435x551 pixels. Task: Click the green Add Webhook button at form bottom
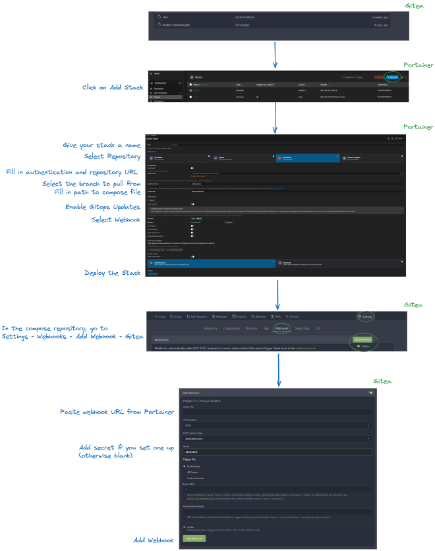click(194, 538)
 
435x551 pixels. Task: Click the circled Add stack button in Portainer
click(393, 77)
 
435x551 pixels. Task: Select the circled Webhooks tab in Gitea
click(281, 328)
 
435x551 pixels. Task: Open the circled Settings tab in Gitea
click(366, 316)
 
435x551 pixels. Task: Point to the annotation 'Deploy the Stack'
click(112, 272)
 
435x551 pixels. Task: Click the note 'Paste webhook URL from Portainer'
click(117, 412)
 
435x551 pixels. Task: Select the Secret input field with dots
click(277, 451)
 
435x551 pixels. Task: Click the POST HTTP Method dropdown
click(277, 425)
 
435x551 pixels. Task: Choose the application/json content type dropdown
click(277, 438)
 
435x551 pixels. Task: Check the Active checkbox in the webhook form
click(185, 527)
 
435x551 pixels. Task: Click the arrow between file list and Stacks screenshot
click(275, 56)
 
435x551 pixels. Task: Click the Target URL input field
click(277, 413)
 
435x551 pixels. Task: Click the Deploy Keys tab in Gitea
click(302, 328)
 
